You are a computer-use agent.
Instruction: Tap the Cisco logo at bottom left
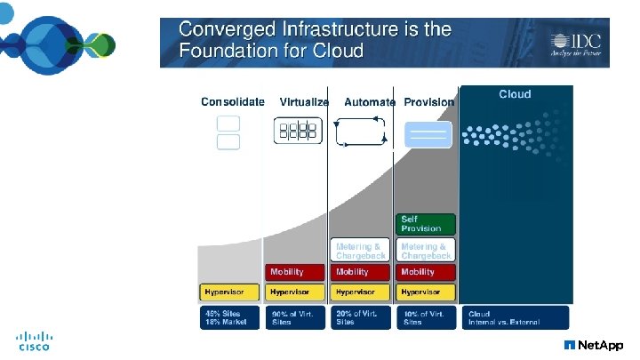pos(35,341)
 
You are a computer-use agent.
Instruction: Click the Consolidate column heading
pos(232,102)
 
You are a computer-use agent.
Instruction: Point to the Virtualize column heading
pos(304,102)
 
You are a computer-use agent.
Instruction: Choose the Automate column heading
pos(369,102)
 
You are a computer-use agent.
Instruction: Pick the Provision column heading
pos(428,102)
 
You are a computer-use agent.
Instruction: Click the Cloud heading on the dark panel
pos(515,94)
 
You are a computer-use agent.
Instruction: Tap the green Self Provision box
pos(426,224)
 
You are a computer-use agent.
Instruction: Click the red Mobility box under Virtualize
pos(295,272)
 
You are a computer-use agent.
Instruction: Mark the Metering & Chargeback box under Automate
pos(360,250)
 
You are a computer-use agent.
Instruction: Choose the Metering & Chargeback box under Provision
pos(426,250)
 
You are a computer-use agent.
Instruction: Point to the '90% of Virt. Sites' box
pos(295,318)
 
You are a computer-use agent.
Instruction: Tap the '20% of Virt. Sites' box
pos(360,318)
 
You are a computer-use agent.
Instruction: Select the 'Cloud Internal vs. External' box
pos(515,318)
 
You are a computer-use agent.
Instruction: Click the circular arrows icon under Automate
pos(360,132)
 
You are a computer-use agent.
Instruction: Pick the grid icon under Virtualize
pos(297,132)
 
